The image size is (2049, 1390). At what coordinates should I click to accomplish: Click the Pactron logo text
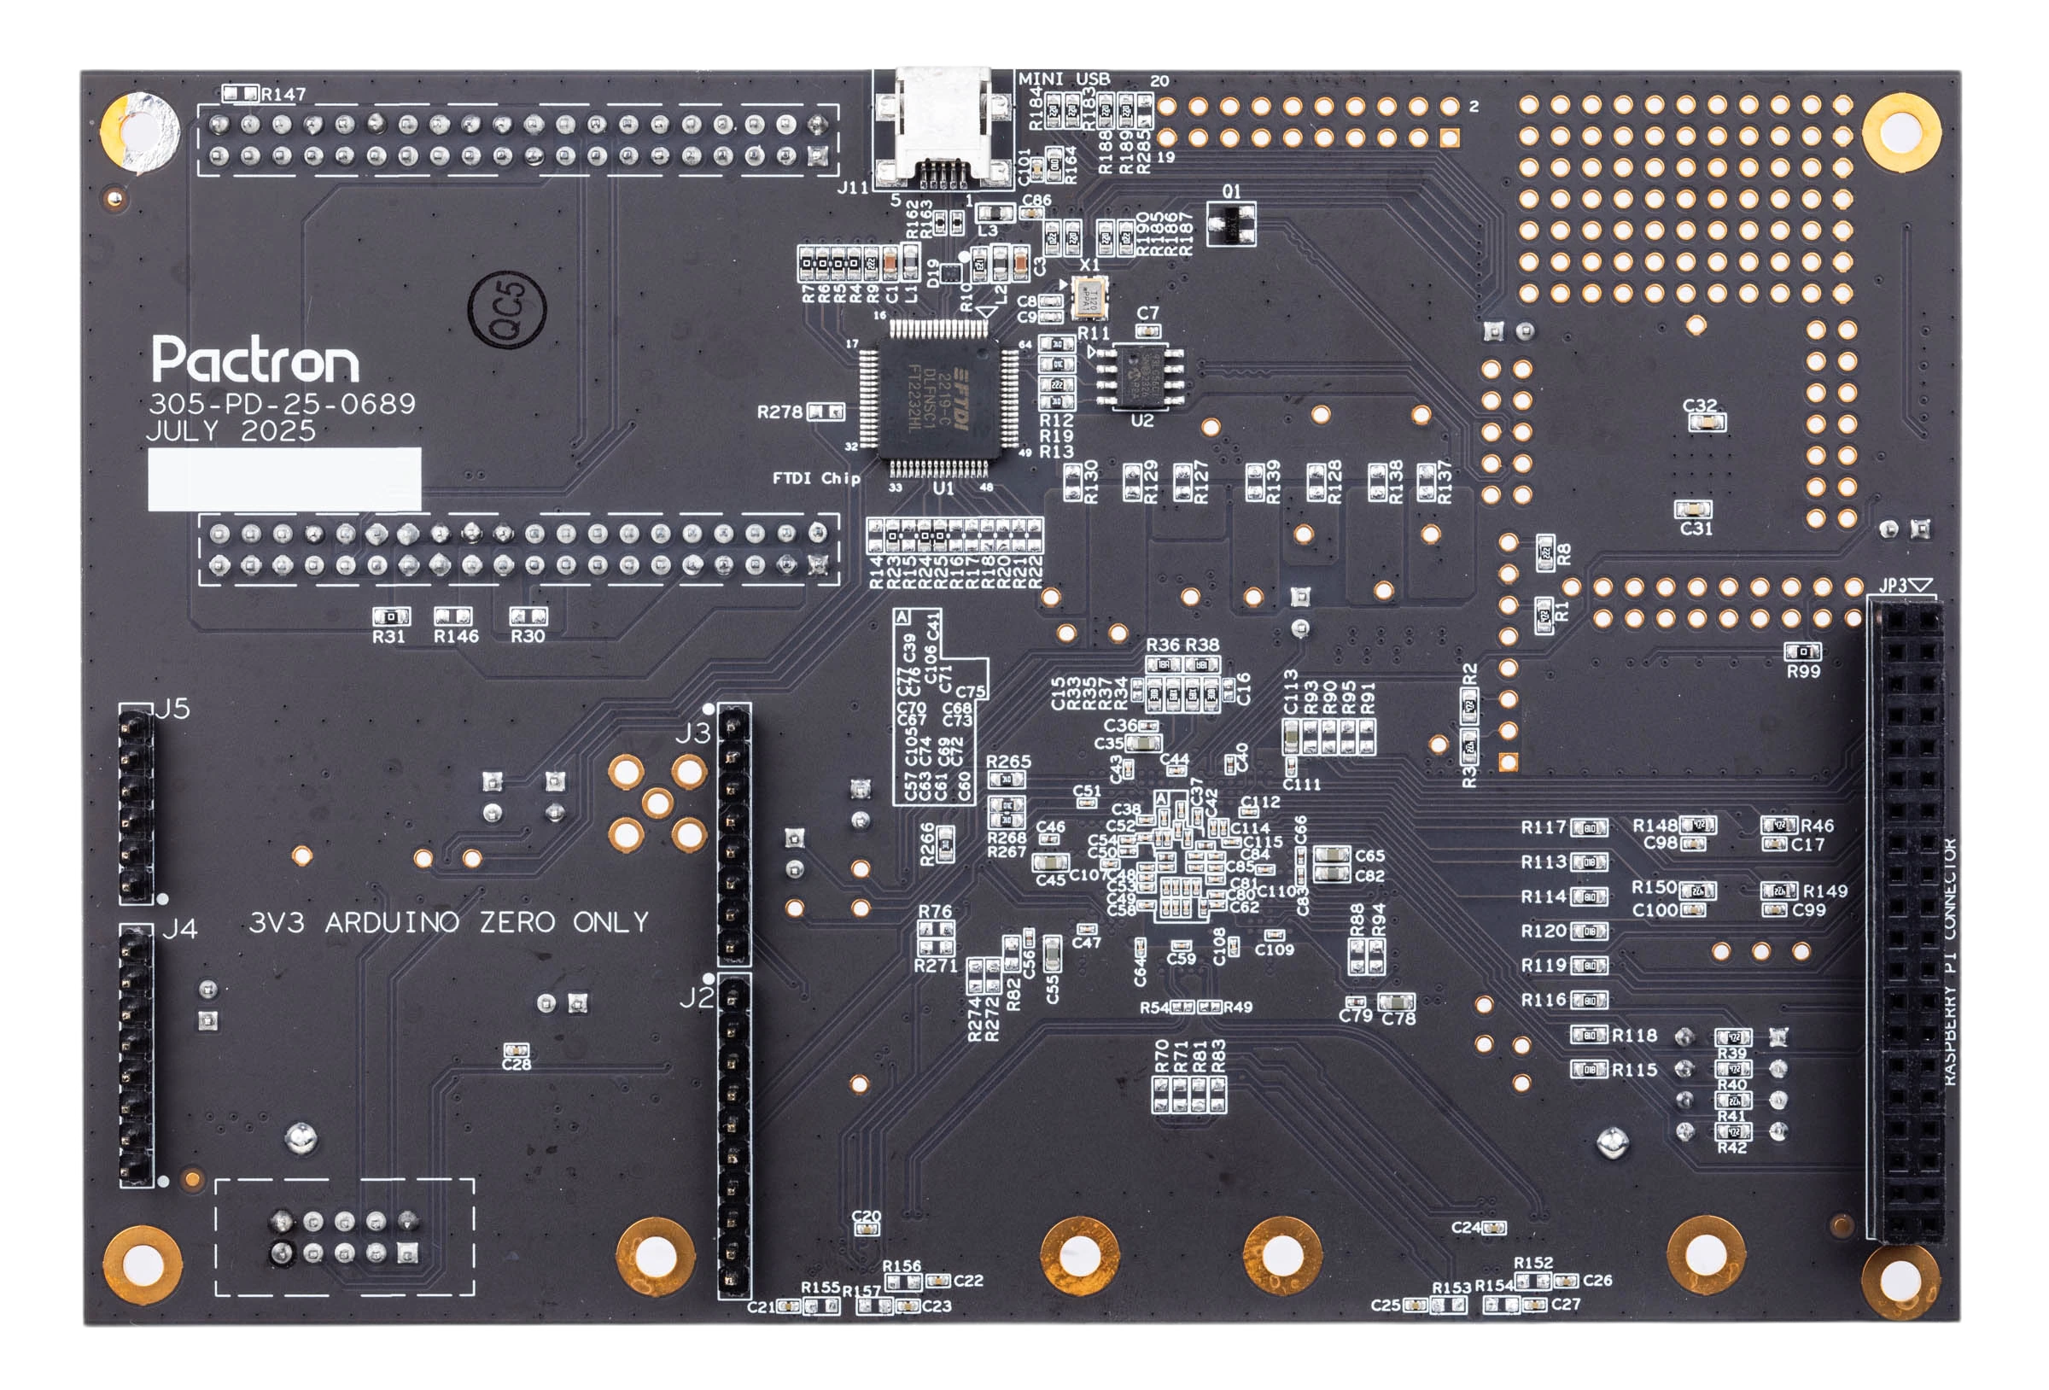pos(254,359)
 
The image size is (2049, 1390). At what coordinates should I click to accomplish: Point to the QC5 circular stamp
pos(507,310)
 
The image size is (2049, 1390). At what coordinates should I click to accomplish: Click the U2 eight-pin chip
pos(1141,377)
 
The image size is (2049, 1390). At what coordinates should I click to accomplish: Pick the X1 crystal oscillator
pos(1087,296)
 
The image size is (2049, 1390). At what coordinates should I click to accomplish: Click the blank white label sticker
pos(284,479)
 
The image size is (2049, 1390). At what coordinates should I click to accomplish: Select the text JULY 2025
pos(231,431)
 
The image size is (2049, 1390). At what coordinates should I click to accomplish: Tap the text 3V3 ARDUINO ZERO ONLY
pos(449,923)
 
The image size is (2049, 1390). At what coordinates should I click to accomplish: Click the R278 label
pos(779,412)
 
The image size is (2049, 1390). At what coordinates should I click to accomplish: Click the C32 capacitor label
pos(1700,406)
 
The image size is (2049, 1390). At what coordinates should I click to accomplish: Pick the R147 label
pos(284,95)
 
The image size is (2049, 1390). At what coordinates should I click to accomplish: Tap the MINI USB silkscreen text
pos(1064,79)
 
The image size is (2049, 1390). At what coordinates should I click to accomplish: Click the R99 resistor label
pos(1804,671)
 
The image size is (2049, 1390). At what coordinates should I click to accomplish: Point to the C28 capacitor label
pos(517,1065)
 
